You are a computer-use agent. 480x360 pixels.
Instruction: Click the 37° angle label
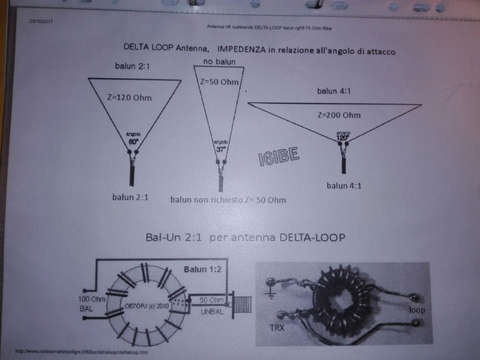221,147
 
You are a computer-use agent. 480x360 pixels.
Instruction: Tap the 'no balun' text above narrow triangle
219,62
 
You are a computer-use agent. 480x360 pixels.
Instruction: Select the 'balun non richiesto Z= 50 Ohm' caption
228,200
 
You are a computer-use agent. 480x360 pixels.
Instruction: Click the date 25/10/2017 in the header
42,22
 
